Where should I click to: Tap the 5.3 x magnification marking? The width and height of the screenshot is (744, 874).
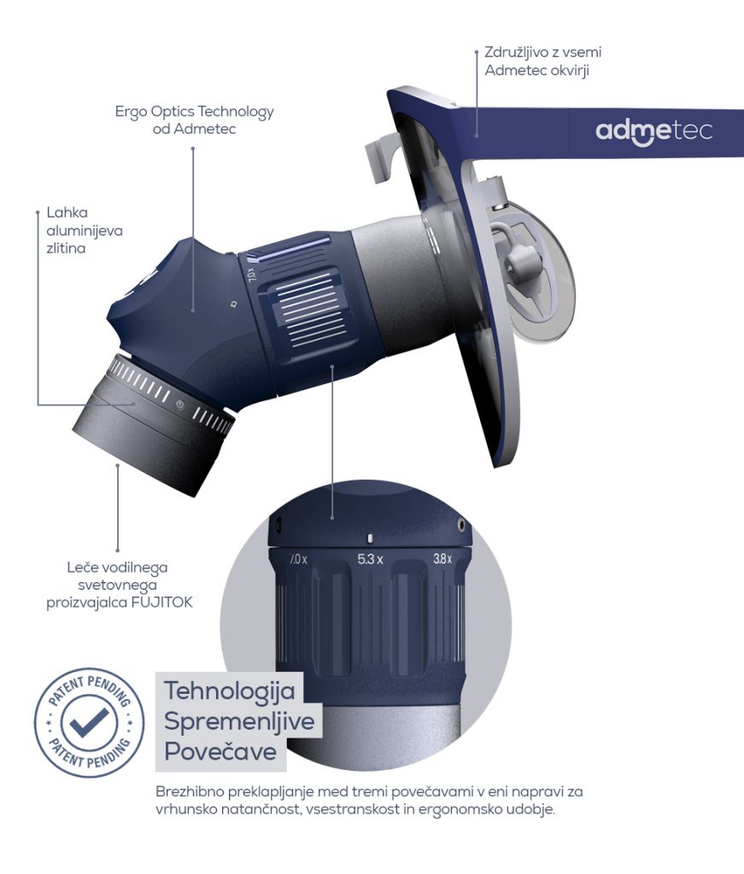pyautogui.click(x=370, y=558)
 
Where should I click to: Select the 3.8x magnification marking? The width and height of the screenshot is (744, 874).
pyautogui.click(x=442, y=558)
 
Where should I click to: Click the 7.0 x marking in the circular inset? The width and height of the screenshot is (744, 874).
pyautogui.click(x=298, y=559)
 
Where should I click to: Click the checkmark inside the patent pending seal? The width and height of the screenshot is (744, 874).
pyautogui.click(x=89, y=723)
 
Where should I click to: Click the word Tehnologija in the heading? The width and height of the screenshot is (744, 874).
pyautogui.click(x=229, y=691)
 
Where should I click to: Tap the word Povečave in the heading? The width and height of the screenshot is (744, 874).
pyautogui.click(x=220, y=751)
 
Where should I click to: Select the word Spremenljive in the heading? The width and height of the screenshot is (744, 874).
pyautogui.click(x=239, y=722)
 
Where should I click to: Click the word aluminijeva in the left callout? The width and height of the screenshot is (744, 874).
pyautogui.click(x=85, y=230)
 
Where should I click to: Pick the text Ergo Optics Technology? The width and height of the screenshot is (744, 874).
pyautogui.click(x=195, y=112)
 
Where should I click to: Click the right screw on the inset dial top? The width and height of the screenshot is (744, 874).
pyautogui.click(x=461, y=524)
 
